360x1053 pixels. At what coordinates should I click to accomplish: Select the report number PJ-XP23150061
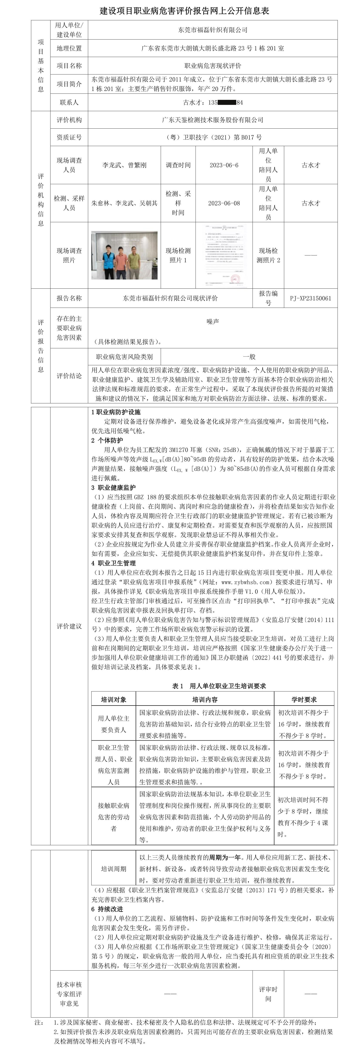[311, 298]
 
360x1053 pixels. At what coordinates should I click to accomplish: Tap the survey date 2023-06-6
[224, 165]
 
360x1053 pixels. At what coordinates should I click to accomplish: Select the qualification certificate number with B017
[212, 137]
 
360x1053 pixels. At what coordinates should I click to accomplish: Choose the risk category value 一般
[249, 356]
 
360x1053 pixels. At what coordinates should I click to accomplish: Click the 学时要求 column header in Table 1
[304, 699]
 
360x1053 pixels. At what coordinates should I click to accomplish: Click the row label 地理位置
[69, 48]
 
